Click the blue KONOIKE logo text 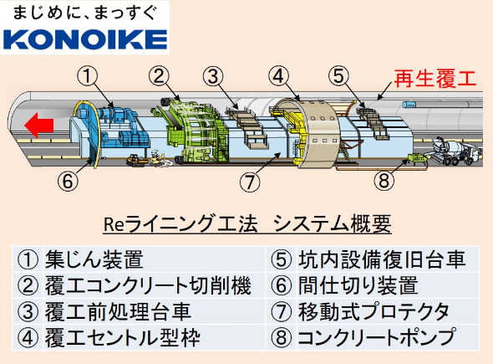click(85, 39)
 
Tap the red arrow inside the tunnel click(38, 125)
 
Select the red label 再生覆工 click(435, 79)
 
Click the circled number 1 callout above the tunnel click(88, 76)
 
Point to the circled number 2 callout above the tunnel click(159, 75)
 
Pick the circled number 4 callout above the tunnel click(279, 76)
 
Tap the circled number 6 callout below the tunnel click(68, 181)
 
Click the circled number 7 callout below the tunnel click(250, 182)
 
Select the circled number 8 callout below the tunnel click(384, 181)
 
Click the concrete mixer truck click(453, 151)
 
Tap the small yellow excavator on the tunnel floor click(136, 160)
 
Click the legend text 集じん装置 click(94, 259)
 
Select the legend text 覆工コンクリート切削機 click(148, 285)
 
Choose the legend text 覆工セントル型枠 click(123, 337)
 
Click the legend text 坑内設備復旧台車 click(382, 259)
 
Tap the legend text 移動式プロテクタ click(374, 311)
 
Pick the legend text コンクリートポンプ click(376, 337)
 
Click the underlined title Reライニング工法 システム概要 click(247, 224)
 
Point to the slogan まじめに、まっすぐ click(85, 13)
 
